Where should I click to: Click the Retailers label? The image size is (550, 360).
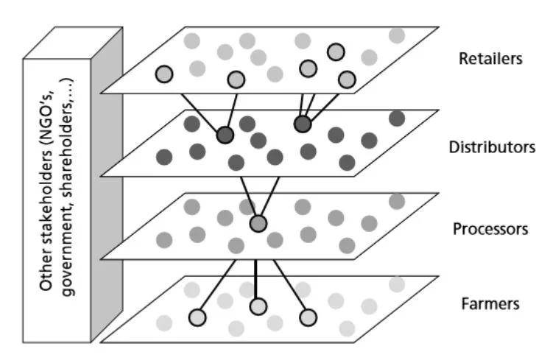[490, 59]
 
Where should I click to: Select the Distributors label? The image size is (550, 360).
[492, 147]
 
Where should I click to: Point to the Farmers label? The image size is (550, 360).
[489, 303]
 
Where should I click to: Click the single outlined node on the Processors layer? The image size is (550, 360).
[258, 222]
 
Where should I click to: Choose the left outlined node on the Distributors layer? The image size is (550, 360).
[225, 135]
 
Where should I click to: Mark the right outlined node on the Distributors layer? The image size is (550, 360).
[303, 124]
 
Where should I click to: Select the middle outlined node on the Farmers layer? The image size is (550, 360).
[257, 306]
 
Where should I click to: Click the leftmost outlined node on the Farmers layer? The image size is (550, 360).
[197, 317]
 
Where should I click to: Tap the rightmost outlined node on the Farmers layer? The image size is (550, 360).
[309, 317]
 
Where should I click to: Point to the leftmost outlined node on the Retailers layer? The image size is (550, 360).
[163, 74]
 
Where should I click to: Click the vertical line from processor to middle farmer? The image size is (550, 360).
[256, 278]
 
